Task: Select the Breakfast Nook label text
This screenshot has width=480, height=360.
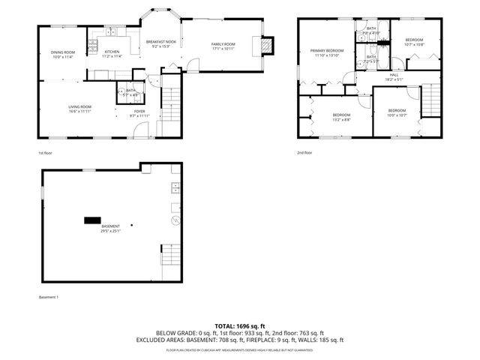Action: (160, 41)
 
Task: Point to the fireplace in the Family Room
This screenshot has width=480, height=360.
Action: (265, 46)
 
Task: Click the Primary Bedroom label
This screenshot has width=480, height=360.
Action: (326, 51)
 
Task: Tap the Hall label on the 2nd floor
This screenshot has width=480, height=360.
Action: (393, 74)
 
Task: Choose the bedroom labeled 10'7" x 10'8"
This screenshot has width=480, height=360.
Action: (415, 42)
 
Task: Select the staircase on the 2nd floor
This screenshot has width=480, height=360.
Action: (431, 100)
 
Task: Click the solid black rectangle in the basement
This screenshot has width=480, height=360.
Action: (91, 220)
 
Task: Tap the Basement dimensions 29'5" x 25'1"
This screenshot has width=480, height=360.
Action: (110, 231)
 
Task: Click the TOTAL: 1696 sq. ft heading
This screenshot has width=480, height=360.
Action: (239, 325)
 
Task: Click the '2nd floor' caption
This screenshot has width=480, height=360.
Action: (304, 152)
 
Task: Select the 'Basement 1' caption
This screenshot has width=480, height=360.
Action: (48, 297)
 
